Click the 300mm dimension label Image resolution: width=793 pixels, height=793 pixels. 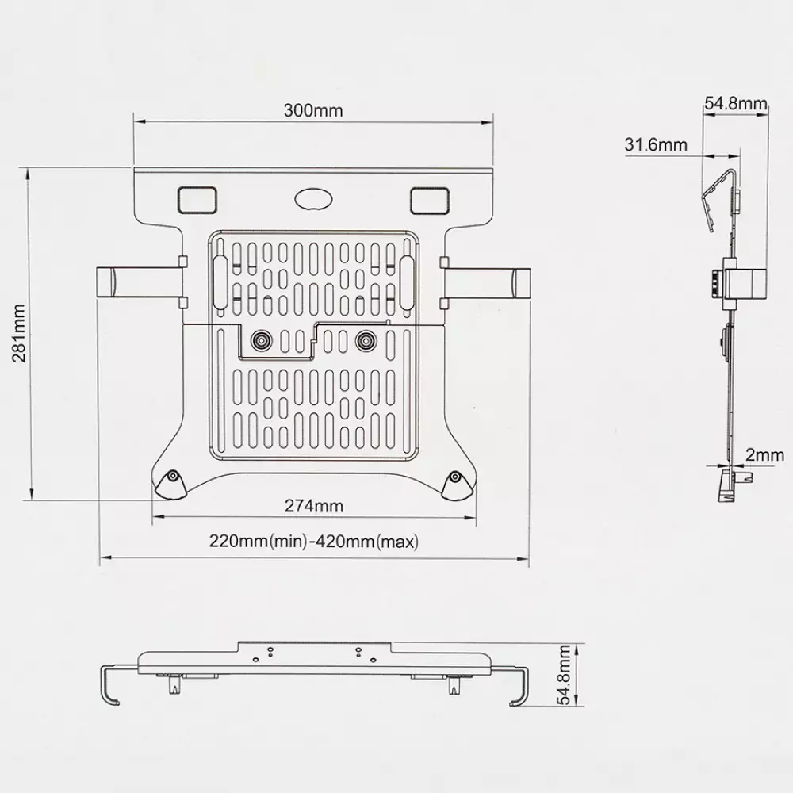coord(313,110)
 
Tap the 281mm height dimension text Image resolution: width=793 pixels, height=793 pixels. coord(19,334)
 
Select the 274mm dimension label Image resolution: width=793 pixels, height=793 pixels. coord(313,506)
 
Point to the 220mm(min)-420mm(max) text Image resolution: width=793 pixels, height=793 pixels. coord(314,542)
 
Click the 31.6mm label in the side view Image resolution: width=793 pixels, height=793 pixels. coord(656,144)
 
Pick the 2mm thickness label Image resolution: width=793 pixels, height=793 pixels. coord(764,454)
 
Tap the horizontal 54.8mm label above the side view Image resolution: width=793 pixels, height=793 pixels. coord(736,103)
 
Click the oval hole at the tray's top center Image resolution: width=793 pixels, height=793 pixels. coord(313,199)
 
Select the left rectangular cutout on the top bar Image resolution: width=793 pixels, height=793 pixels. coord(197,200)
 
